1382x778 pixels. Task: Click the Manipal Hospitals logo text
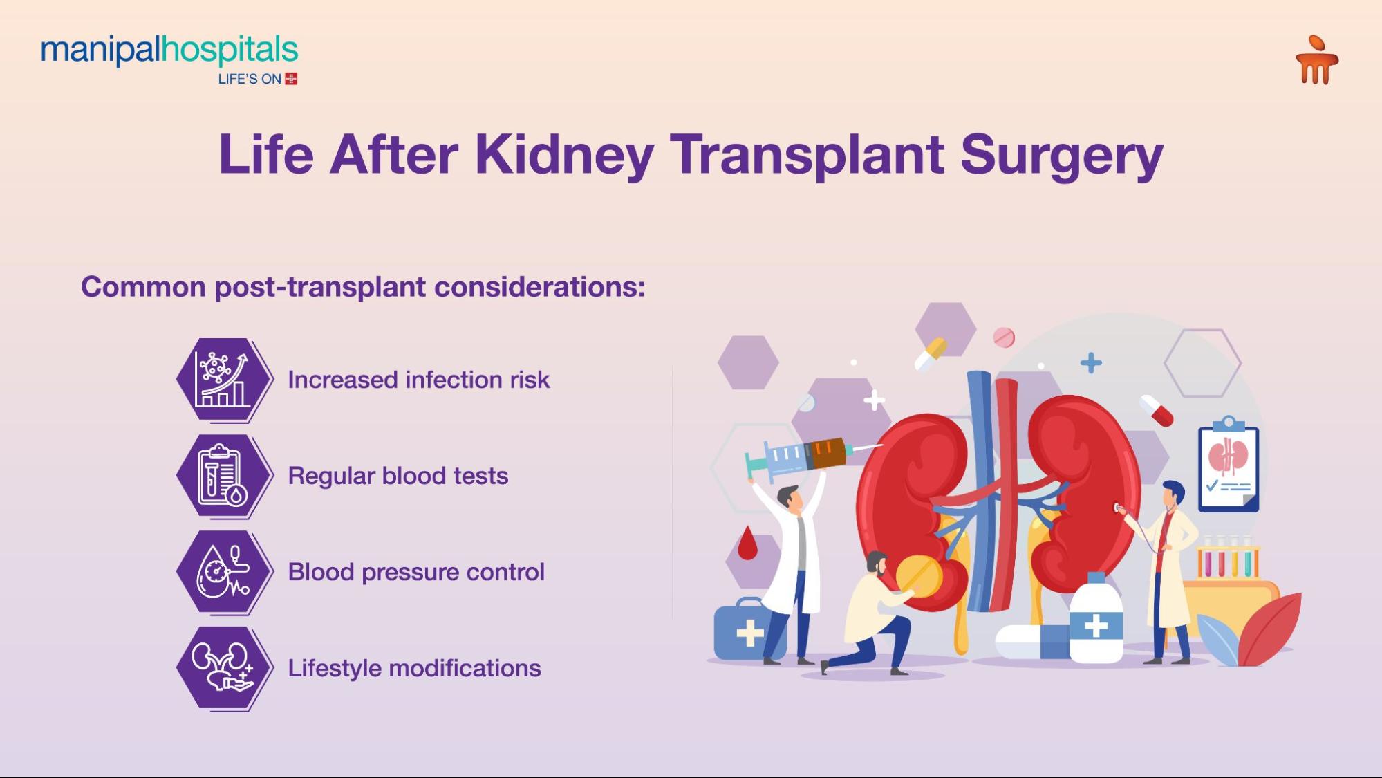(169, 50)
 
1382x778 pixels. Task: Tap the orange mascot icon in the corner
(1316, 61)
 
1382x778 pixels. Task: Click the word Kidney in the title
(564, 154)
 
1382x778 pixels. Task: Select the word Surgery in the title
(1061, 156)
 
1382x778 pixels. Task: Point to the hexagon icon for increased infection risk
(223, 379)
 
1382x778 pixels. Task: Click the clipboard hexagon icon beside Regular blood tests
(223, 476)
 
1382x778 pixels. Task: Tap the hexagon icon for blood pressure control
(223, 572)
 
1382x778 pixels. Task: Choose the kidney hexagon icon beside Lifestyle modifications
(223, 668)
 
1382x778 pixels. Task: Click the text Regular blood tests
(398, 476)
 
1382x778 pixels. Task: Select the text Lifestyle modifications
(414, 668)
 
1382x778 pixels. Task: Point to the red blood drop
(747, 544)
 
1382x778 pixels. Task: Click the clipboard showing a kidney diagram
(1229, 467)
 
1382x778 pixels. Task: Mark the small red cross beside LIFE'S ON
(291, 79)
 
